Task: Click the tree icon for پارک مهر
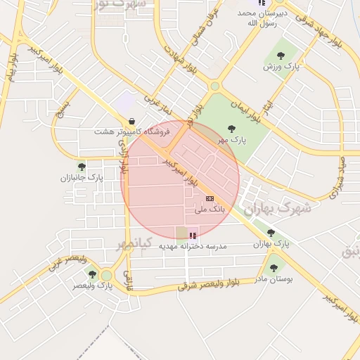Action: pyautogui.click(x=231, y=128)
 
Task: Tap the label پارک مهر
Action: pyautogui.click(x=231, y=140)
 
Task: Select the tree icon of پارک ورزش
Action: pyautogui.click(x=281, y=55)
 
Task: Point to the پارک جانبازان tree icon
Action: pyautogui.click(x=82, y=167)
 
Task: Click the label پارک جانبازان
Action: pyautogui.click(x=82, y=179)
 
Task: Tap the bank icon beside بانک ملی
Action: pyautogui.click(x=210, y=199)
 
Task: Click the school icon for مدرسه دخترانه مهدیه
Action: pyautogui.click(x=193, y=235)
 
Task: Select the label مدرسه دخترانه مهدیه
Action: pyautogui.click(x=188, y=246)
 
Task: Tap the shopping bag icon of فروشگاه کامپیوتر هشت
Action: pyautogui.click(x=132, y=120)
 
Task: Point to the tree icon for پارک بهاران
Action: pyautogui.click(x=271, y=233)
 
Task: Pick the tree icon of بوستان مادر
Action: pyautogui.click(x=273, y=268)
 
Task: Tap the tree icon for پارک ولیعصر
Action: pyautogui.click(x=92, y=274)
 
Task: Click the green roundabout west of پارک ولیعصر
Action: pyautogui.click(x=107, y=275)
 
